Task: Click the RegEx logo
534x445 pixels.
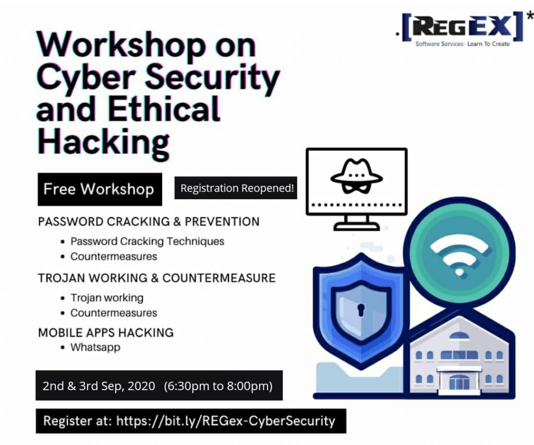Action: (x=464, y=29)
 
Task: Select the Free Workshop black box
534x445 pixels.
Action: (x=100, y=189)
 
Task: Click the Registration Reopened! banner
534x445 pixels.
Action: (x=236, y=188)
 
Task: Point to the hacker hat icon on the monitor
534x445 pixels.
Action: (x=357, y=176)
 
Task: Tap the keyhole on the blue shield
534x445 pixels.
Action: (x=361, y=309)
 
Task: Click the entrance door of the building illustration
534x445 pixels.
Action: (x=459, y=382)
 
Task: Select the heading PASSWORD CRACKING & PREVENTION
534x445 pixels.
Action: (x=149, y=222)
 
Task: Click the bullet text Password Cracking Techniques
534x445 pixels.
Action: (x=147, y=242)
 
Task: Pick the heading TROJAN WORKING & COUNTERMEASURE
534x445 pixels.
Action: (x=156, y=278)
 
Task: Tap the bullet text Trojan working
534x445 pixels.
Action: (x=107, y=298)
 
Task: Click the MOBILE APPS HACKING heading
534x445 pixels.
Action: (x=106, y=332)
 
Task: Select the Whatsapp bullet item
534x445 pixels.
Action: (x=95, y=347)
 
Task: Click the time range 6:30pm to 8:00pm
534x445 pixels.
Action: (x=219, y=386)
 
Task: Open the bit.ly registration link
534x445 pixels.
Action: (x=226, y=421)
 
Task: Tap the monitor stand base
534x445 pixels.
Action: (x=357, y=226)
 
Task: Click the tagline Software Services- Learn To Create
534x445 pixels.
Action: (x=463, y=44)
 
